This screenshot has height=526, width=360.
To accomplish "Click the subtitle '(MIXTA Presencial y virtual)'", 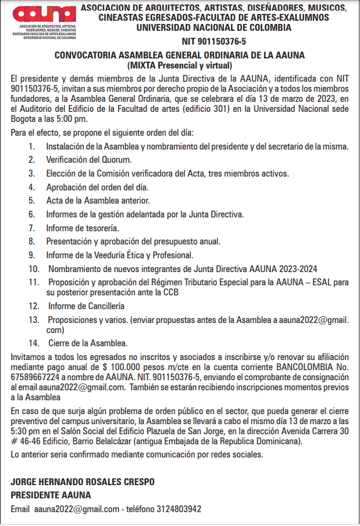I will point(179,65).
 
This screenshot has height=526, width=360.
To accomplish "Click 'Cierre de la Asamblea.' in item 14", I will point(88,343).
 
